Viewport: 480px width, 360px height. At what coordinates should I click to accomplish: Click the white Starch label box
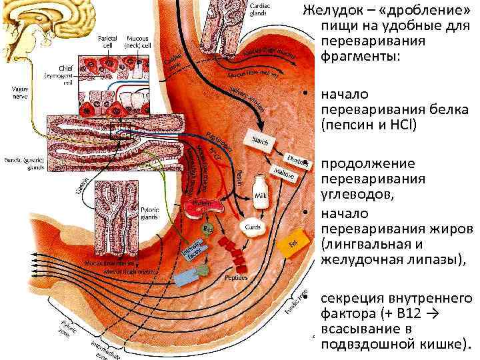click(261, 139)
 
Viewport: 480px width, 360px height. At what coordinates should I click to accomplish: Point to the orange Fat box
click(291, 243)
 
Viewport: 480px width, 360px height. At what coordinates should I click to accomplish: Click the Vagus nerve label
click(13, 91)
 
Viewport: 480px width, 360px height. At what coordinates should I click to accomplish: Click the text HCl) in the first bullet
click(401, 124)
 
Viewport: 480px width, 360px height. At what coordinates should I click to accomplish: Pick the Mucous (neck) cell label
click(141, 41)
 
